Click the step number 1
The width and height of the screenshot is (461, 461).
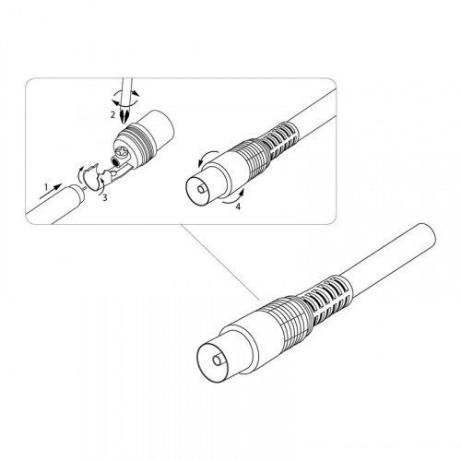coord(46,186)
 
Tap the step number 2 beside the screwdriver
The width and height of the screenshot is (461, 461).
coord(112,115)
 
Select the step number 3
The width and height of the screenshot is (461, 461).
coord(105,197)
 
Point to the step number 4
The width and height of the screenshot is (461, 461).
coord(238,207)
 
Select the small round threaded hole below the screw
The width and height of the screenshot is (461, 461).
coord(115,161)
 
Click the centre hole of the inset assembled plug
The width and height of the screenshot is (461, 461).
coord(202,188)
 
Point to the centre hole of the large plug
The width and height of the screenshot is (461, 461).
coord(219,361)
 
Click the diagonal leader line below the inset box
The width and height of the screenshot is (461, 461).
coord(220,262)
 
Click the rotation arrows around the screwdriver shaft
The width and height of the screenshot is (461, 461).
coord(125,98)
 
